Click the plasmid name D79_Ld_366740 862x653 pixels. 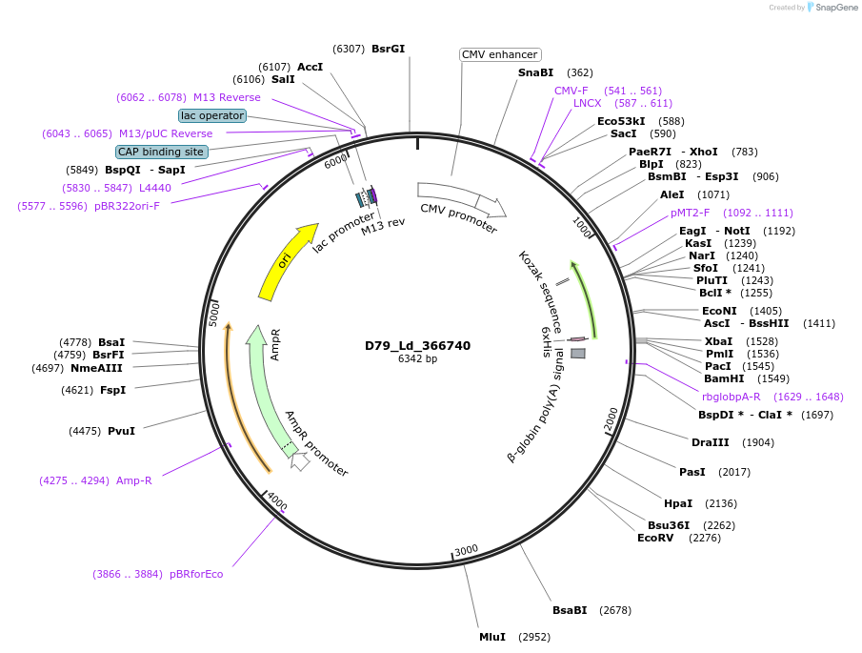[x=417, y=346]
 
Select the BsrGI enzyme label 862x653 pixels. [x=388, y=49]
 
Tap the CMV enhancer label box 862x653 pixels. [x=500, y=54]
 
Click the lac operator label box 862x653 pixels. [x=212, y=115]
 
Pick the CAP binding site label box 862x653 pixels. [x=161, y=152]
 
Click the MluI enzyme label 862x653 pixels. [x=492, y=637]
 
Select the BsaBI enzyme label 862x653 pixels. [x=570, y=610]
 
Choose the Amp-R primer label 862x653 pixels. [x=134, y=480]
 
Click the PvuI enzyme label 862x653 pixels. [x=121, y=431]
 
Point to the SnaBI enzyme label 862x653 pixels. [x=535, y=72]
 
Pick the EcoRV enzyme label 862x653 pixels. [x=655, y=538]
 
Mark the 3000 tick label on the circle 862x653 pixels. [x=466, y=551]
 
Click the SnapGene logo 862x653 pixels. [x=832, y=8]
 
